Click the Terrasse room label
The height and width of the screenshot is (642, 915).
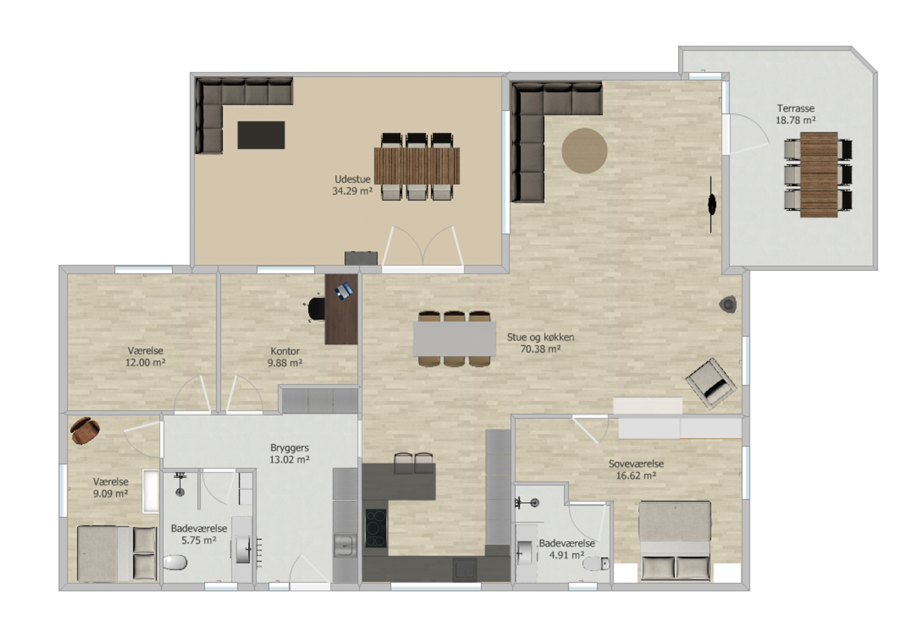click(795, 109)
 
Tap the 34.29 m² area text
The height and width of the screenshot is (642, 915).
click(352, 191)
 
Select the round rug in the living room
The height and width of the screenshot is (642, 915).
click(584, 150)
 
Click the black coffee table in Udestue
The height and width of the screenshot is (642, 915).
click(261, 135)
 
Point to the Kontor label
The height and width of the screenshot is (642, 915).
click(285, 351)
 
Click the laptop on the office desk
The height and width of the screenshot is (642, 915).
click(343, 290)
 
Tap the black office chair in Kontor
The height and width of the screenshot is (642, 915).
click(315, 309)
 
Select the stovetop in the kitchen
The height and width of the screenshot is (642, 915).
click(375, 528)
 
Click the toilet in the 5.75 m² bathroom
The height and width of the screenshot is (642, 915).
click(176, 562)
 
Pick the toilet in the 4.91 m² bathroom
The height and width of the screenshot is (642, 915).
click(596, 564)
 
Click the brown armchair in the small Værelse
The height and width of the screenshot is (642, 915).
click(84, 430)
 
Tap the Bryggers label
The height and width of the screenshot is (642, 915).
click(289, 448)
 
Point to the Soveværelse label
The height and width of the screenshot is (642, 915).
click(635, 464)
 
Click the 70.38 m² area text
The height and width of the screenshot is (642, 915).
click(540, 349)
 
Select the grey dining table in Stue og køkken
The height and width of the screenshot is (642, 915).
click(455, 339)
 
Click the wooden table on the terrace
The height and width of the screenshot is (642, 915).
click(819, 174)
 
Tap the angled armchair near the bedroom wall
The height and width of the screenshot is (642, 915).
click(711, 383)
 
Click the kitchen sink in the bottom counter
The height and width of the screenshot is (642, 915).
click(465, 569)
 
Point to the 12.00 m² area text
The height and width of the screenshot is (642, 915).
click(145, 363)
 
